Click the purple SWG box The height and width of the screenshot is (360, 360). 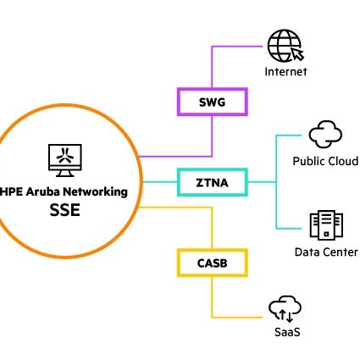pos(212,102)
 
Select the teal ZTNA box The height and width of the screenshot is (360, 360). pos(212,181)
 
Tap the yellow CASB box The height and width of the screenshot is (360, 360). pos(212,262)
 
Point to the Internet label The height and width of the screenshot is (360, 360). pos(285,73)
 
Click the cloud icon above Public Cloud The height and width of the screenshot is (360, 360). pos(325,135)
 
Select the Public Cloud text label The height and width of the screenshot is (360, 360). pos(325,161)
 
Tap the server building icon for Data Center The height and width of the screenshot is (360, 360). pos(325,225)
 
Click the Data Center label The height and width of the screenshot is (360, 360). pos(325,252)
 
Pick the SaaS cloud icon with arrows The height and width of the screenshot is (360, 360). pos(285,308)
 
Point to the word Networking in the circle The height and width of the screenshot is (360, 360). pos(98,191)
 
